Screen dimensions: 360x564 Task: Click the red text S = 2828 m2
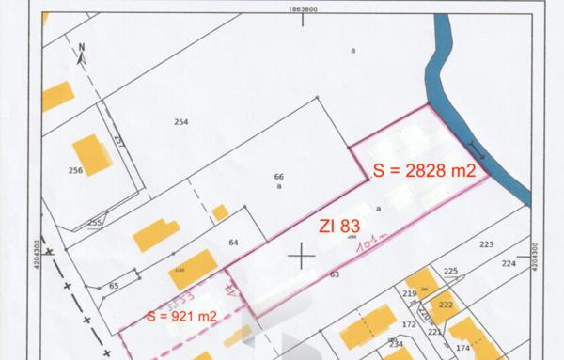click(423, 171)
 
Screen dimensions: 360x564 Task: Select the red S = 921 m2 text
click(181, 316)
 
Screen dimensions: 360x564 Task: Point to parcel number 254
click(181, 122)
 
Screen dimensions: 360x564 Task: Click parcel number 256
click(76, 171)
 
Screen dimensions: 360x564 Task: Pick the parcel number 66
click(279, 177)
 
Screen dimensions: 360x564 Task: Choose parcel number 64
click(233, 243)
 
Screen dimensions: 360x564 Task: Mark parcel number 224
click(509, 264)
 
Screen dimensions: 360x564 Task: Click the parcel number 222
click(445, 306)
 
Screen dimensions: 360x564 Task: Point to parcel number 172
click(409, 324)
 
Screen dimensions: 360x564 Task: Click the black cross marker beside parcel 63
click(302, 255)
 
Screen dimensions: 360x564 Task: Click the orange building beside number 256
click(92, 152)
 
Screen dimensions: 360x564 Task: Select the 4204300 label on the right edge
click(535, 256)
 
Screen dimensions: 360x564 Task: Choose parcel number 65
click(114, 285)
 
